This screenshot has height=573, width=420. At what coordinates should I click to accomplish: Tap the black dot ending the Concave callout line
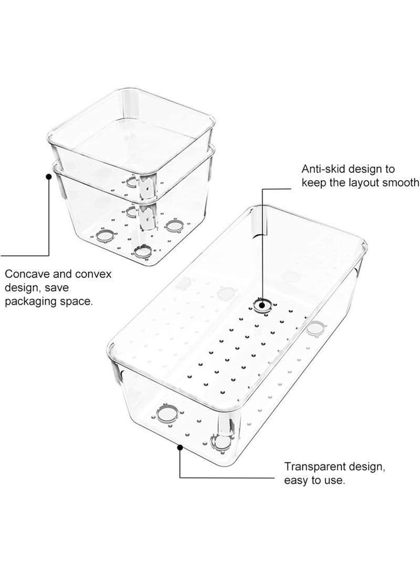click(49, 176)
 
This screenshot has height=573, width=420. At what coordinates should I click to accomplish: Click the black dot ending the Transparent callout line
click(180, 447)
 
